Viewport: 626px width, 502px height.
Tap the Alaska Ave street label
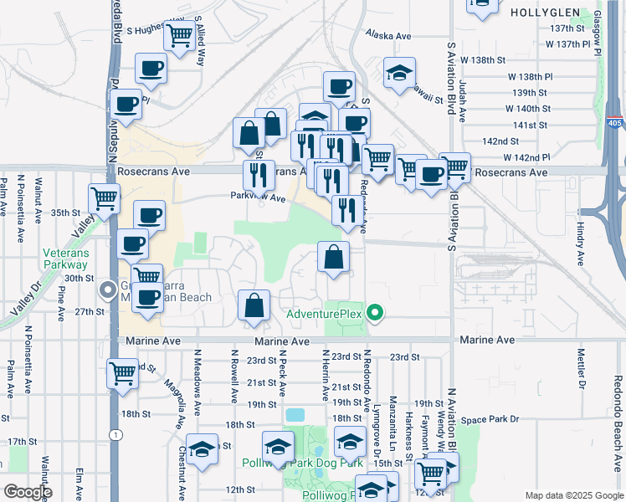389,36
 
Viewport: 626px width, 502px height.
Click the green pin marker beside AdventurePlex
376,314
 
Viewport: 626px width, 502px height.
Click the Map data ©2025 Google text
574,495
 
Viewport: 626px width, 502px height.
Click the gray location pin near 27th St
108,289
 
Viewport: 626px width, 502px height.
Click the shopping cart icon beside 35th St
105,198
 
